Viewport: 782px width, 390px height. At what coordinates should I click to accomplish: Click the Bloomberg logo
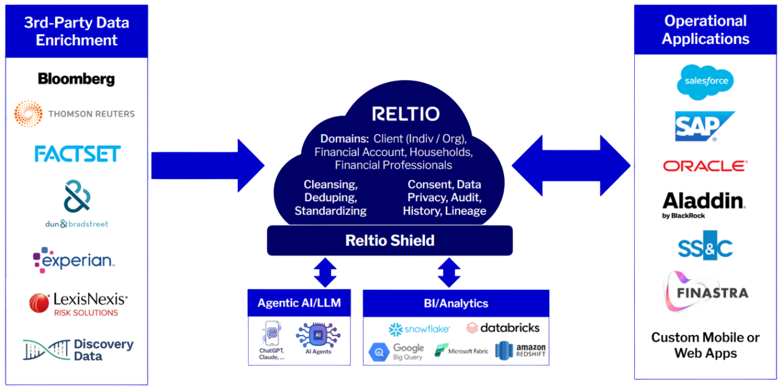click(x=76, y=79)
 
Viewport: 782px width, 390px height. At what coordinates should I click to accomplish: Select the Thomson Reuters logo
click(x=75, y=114)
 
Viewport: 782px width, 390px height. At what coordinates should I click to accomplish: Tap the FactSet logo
click(x=77, y=153)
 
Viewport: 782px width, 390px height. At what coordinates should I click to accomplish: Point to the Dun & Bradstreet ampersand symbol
click(x=77, y=196)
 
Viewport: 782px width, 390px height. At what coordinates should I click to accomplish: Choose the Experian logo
click(x=74, y=260)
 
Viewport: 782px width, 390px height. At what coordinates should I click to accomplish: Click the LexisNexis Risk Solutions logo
click(x=78, y=304)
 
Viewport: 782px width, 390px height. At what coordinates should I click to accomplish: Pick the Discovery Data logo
click(x=78, y=350)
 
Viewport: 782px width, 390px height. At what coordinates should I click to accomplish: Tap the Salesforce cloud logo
click(x=705, y=82)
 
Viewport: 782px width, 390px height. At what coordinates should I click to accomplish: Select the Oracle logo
click(x=705, y=166)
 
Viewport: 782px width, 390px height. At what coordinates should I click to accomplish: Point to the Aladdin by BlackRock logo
click(x=704, y=204)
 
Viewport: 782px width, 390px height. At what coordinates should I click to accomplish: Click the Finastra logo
click(x=705, y=292)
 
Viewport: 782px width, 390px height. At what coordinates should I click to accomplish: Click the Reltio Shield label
click(x=390, y=240)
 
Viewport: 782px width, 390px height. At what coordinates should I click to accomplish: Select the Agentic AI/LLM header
click(x=299, y=303)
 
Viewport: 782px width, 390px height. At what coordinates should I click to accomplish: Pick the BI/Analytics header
click(x=456, y=303)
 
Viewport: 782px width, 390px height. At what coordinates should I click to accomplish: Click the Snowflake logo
click(x=419, y=329)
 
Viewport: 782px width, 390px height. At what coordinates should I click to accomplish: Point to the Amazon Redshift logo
click(x=521, y=350)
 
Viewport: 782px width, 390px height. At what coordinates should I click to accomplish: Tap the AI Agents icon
click(x=318, y=338)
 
